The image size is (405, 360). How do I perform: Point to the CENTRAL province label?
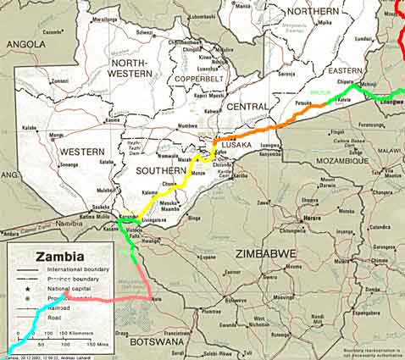[247, 107]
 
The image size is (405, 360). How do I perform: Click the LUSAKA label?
[236, 145]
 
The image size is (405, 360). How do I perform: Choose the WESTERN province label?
[81, 152]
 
